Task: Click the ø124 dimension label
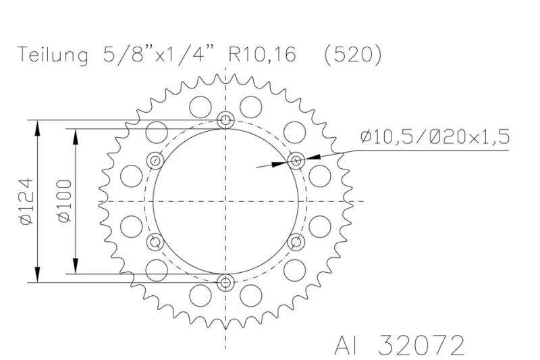[25, 201]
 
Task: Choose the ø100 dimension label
[63, 201]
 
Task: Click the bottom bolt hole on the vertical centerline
[226, 282]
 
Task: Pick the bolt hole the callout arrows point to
[296, 160]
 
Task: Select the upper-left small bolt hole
[156, 161]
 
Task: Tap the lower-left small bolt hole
[156, 242]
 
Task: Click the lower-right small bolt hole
[296, 242]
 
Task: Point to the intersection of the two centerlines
[226, 201]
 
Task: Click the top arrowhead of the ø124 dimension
[38, 126]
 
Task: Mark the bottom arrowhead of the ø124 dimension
[38, 276]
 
